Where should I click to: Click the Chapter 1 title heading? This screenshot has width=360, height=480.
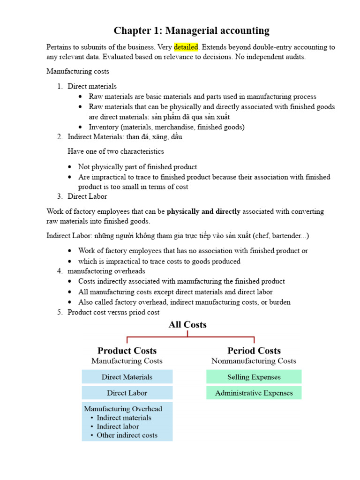(x=191, y=31)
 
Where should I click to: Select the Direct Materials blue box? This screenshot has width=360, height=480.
(x=127, y=377)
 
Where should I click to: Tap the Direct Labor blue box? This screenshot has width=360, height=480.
(x=127, y=393)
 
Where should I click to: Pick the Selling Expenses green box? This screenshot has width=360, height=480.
(x=254, y=377)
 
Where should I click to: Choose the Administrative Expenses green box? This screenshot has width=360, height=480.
(x=254, y=393)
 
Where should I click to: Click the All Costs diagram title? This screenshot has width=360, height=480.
(x=187, y=324)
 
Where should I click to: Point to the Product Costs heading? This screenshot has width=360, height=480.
(x=127, y=351)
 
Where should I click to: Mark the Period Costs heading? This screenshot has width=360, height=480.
(x=254, y=351)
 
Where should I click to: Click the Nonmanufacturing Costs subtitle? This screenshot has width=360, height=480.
(x=254, y=361)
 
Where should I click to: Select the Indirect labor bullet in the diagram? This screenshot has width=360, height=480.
(x=118, y=427)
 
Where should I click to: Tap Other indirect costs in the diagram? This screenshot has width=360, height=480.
(x=127, y=435)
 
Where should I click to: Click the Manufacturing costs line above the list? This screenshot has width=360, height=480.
(x=78, y=71)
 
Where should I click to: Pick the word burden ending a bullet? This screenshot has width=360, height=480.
(x=279, y=302)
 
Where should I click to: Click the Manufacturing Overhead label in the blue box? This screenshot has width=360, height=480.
(x=122, y=409)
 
